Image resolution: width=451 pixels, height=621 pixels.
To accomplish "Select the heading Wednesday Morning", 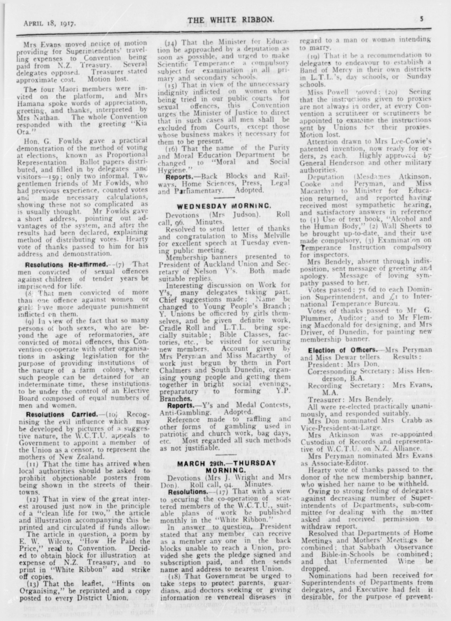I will pyautogui.click(x=225, y=206).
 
